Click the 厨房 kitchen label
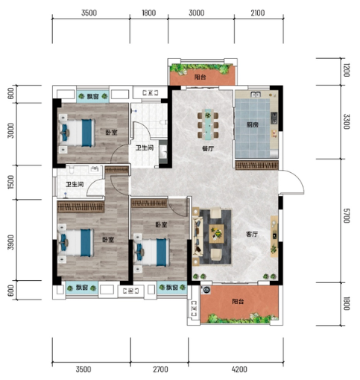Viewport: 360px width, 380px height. click(253, 124)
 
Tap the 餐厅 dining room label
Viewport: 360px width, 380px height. click(208, 149)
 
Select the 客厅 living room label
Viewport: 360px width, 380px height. click(252, 234)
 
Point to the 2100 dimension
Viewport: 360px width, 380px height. click(258, 13)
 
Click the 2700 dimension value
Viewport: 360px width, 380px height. click(160, 370)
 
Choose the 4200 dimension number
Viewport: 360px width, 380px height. click(239, 370)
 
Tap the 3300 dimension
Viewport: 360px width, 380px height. click(347, 121)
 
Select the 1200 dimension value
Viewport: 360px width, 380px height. click(347, 70)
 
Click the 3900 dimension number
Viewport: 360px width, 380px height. click(10, 242)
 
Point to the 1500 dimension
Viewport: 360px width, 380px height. click(10, 182)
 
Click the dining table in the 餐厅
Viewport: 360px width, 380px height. click(208, 124)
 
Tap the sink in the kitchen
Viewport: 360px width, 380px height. click(256, 95)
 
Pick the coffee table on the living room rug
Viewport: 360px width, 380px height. click(216, 234)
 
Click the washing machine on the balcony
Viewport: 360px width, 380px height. click(206, 290)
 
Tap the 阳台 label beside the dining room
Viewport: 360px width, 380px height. click(200, 77)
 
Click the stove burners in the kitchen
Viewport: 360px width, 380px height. click(274, 118)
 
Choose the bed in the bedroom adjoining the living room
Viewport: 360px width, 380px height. click(152, 253)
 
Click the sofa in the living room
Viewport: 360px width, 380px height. click(198, 236)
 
